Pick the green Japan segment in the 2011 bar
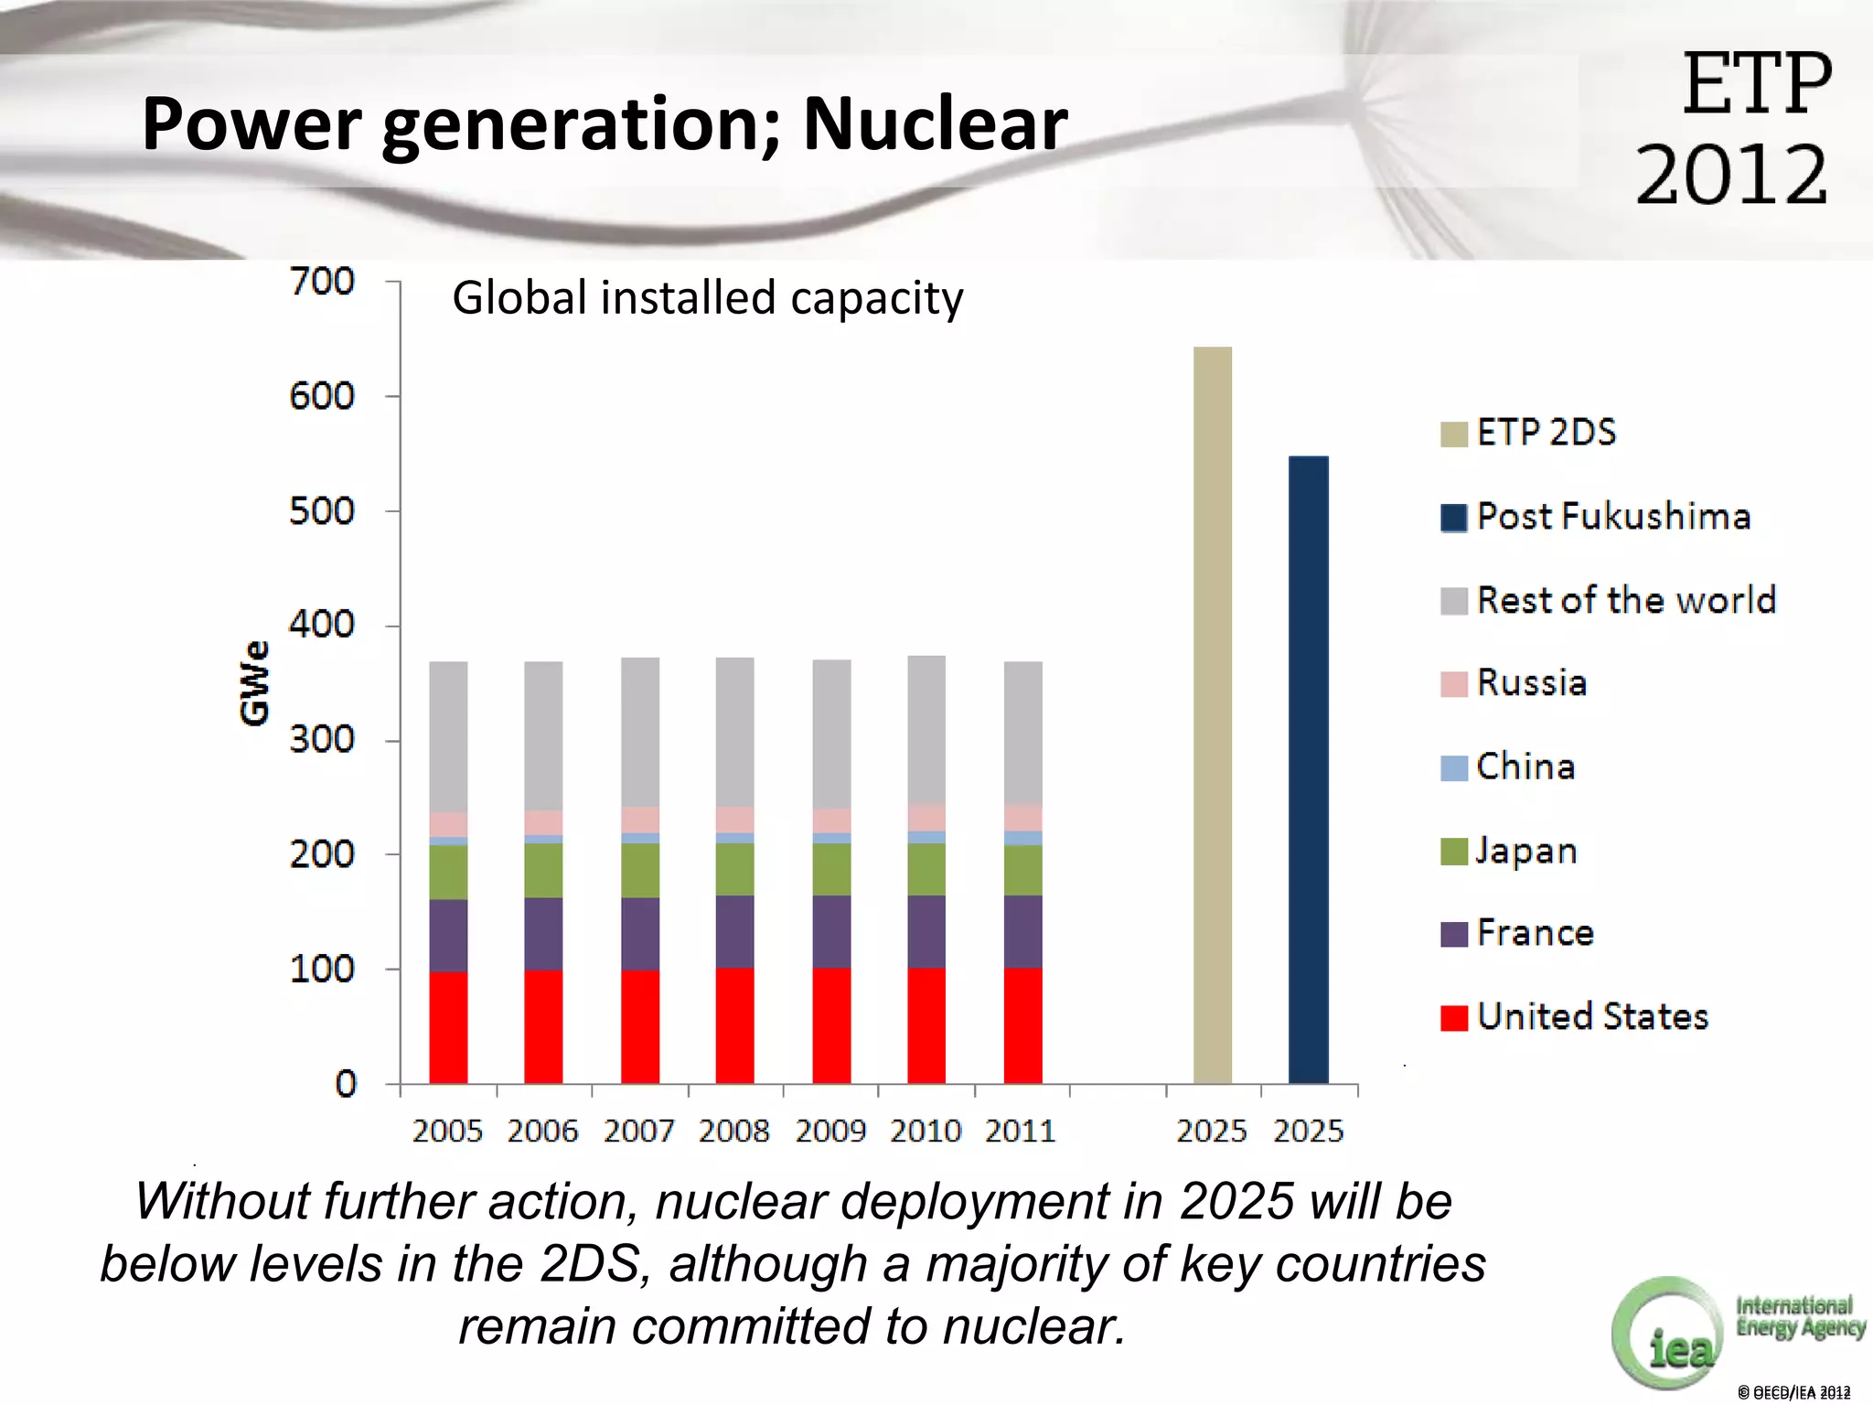click(1022, 870)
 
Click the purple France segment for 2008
click(734, 931)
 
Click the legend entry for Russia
click(1531, 683)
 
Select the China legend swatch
click(1453, 767)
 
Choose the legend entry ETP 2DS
click(1546, 432)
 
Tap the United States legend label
click(1592, 1016)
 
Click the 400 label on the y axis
click(322, 625)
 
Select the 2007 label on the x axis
click(638, 1132)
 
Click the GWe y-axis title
click(255, 682)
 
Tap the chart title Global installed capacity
click(707, 298)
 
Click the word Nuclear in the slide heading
click(935, 124)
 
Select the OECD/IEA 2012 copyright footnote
click(1793, 1392)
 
